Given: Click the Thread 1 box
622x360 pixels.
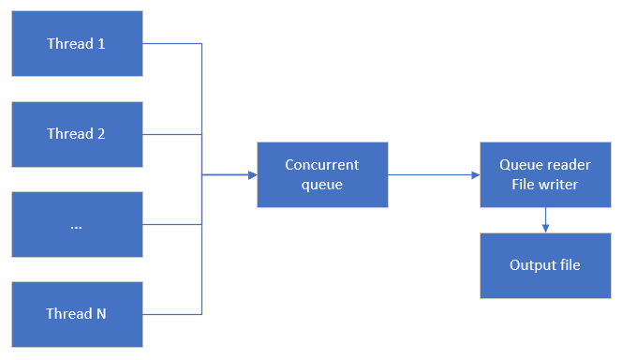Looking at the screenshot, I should point(77,43).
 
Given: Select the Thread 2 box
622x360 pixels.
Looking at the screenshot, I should point(77,133).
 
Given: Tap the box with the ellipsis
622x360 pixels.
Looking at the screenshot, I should point(77,224).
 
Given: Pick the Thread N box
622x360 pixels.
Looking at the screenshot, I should point(77,314).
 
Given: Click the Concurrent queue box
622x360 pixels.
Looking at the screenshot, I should point(322,174).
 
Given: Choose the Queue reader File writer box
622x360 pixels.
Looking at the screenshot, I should point(544,174).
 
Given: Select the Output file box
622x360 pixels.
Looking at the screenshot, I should point(544,265).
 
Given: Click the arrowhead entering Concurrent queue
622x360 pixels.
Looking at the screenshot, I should point(252,174).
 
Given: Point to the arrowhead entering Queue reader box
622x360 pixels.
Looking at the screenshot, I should point(475,174).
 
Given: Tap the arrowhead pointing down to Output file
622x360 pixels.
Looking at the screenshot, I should point(544,228).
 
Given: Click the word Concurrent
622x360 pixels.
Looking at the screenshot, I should point(322,165).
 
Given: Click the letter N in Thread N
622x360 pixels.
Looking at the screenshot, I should point(101,314).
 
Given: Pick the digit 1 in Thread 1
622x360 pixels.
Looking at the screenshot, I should point(101,43).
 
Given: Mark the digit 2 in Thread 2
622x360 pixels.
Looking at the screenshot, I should point(101,133).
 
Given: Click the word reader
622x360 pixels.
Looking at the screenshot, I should point(570,165).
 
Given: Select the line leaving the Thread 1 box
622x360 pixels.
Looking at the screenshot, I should point(173,43).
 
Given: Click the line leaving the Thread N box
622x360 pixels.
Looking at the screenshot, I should point(173,314).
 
